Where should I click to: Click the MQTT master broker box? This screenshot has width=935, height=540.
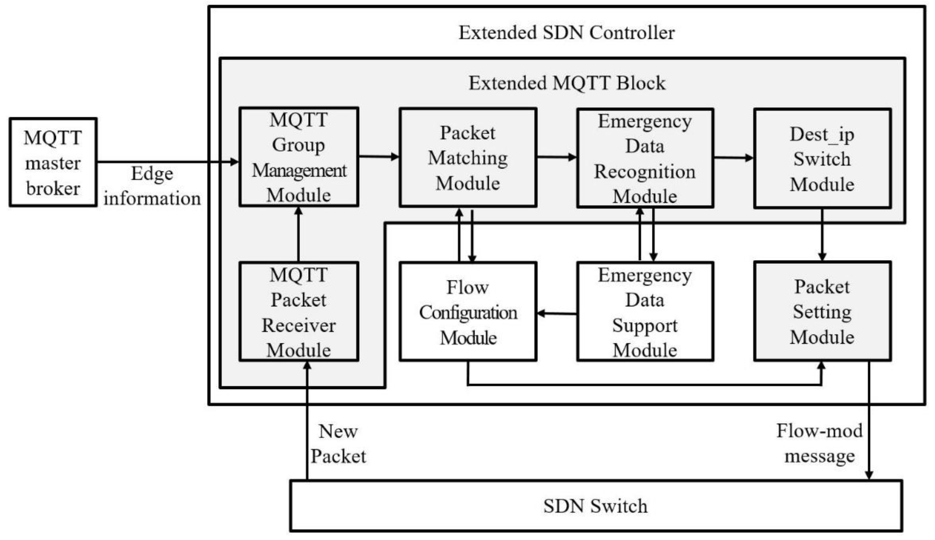click(53, 162)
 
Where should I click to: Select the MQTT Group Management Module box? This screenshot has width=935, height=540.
click(299, 157)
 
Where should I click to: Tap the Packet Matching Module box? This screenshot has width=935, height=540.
click(468, 158)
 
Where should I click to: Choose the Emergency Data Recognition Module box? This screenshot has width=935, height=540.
click(645, 158)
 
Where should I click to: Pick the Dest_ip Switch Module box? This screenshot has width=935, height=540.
click(822, 159)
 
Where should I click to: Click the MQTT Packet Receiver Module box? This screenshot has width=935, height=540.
click(299, 312)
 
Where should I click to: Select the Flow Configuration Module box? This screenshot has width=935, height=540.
click(468, 312)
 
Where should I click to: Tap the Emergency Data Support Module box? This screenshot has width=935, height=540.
click(645, 312)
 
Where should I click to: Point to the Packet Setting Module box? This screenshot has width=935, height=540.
click(822, 312)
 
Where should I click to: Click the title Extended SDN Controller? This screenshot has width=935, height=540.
click(567, 33)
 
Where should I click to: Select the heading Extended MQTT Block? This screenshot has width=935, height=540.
click(567, 83)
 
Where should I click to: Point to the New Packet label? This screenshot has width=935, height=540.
click(338, 444)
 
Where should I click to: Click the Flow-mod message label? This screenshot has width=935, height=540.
click(819, 443)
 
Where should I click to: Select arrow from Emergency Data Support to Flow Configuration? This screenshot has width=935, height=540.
click(557, 314)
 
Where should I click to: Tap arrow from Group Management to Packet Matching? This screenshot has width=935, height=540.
click(379, 157)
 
